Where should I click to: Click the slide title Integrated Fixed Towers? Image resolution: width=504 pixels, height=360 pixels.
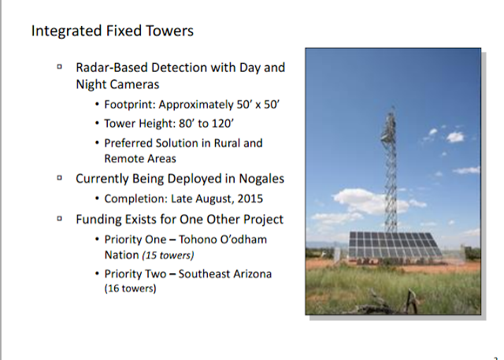(113, 32)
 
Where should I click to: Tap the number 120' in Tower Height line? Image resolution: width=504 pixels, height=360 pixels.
(223, 124)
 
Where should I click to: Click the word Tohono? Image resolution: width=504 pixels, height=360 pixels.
(196, 239)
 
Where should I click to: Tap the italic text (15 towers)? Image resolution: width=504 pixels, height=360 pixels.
(168, 255)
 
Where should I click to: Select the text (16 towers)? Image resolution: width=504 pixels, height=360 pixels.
(130, 288)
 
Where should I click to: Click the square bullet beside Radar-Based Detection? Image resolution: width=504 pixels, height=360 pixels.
(60, 67)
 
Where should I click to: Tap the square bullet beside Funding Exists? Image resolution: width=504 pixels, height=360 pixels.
(60, 218)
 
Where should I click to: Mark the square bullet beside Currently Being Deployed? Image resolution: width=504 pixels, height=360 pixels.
(60, 178)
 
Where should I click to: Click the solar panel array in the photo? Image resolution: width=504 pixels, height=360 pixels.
(395, 245)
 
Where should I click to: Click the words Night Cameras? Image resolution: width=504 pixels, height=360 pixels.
(117, 84)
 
